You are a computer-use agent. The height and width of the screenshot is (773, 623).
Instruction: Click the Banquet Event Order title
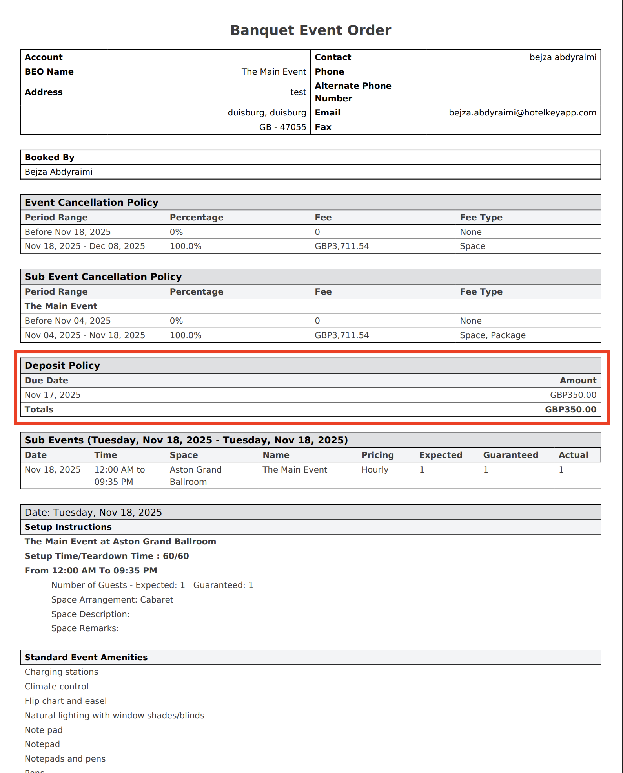pos(311,30)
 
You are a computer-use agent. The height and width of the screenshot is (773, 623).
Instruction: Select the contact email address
pos(522,113)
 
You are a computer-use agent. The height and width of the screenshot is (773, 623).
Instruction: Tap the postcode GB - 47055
pos(282,127)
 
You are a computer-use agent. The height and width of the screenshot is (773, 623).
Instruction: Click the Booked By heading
pos(49,158)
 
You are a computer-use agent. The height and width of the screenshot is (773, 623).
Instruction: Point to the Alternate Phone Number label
pos(353,92)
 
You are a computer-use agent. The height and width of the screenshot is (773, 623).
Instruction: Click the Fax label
pos(323,127)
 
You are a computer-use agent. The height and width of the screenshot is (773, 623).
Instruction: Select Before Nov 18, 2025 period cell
pos(67,232)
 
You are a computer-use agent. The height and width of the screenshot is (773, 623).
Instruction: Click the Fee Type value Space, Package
pos(492,335)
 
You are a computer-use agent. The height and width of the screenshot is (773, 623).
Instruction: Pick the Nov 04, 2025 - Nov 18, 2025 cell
pos(85,335)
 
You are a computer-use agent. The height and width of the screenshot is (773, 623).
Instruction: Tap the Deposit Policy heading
pos(62,366)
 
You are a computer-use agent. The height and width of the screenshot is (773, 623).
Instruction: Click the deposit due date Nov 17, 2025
pos(53,395)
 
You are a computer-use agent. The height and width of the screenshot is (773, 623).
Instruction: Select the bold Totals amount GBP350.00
pos(570,410)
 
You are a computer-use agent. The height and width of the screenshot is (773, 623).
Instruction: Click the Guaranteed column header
pos(510,455)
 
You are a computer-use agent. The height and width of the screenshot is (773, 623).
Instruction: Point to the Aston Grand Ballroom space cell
pos(195,476)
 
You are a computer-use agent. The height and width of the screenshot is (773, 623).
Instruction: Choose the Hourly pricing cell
pos(375,470)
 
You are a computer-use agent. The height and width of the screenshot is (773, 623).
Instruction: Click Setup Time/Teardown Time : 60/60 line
pos(107,556)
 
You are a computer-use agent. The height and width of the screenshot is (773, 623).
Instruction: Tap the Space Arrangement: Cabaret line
pos(112,600)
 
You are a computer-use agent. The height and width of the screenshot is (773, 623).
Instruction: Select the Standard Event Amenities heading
pos(86,658)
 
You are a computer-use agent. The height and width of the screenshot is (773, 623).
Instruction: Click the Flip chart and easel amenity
pos(66,701)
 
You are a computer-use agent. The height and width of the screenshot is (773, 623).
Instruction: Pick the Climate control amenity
pos(56,687)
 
